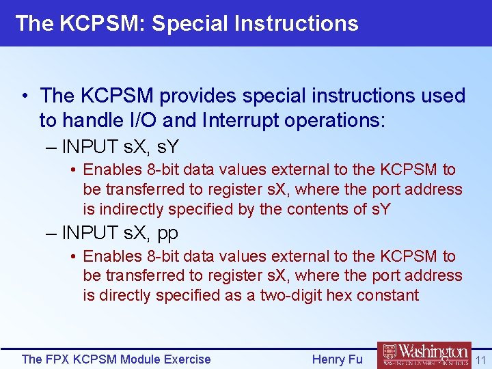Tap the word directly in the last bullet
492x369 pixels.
(126, 295)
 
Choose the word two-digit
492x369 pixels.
(292, 295)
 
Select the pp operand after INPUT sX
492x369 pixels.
(167, 234)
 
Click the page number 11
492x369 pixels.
(480, 359)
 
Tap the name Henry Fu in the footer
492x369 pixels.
(337, 359)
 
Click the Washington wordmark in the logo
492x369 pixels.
(434, 352)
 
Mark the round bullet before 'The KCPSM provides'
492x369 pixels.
(25, 96)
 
